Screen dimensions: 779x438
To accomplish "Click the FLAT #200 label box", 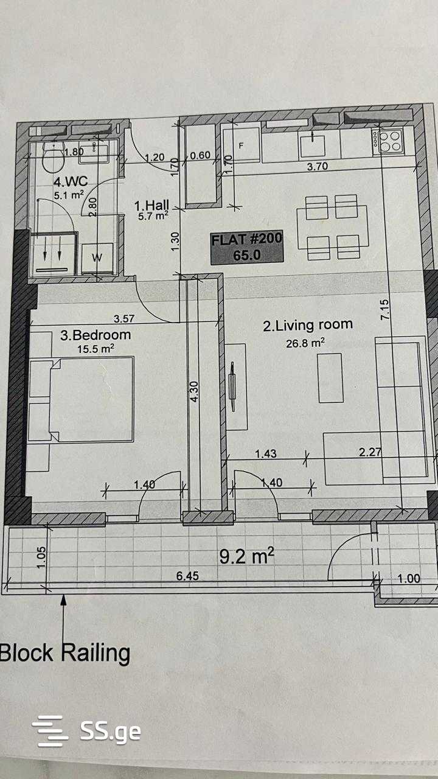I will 247,247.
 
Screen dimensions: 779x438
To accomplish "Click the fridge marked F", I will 241,147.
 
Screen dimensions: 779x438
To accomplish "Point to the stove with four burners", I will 389,141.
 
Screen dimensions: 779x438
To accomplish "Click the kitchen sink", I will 314,144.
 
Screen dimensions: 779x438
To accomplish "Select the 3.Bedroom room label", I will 96,335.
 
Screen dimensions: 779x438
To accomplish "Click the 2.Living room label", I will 308,325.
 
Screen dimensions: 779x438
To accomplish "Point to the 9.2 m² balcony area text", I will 246,556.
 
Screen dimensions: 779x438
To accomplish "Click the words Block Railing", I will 64,653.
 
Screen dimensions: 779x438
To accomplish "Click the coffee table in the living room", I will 330,377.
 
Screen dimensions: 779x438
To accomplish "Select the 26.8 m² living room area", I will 305,343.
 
